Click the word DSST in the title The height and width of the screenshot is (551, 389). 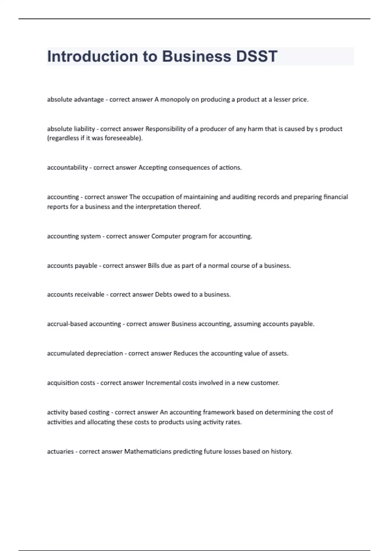pos(256,56)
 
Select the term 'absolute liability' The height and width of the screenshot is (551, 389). pos(71,129)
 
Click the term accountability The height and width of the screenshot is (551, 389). pos(67,168)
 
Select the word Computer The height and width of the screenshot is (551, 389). pos(166,236)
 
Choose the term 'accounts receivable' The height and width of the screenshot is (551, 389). pos(76,294)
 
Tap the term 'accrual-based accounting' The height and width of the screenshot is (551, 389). pos(84,324)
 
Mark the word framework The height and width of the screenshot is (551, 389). pos(219,412)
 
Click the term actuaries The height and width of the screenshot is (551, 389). pos(60,451)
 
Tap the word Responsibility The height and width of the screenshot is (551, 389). pos(165,129)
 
